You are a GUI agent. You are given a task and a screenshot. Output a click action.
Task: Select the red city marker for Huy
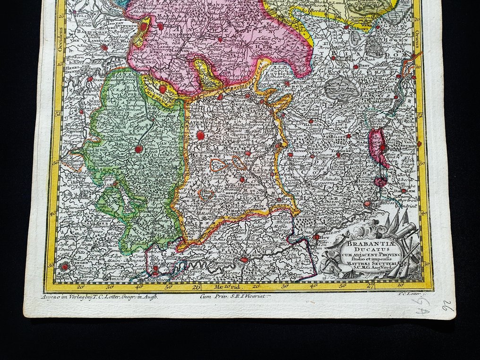317,237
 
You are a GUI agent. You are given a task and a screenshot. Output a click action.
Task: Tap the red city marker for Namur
244,259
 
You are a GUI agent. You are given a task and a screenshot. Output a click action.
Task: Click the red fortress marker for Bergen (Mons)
64,266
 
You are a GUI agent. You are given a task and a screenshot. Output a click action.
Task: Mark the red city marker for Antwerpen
144,27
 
